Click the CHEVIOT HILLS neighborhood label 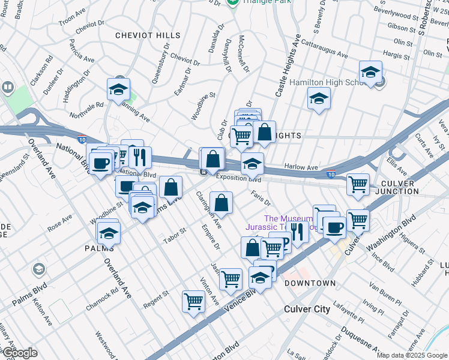(x=148, y=35)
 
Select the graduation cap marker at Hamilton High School (x=371, y=73)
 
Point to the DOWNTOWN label (x=310, y=283)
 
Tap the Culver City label (x=307, y=309)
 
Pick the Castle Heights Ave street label (x=287, y=66)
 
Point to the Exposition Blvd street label (x=239, y=178)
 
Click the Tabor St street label (x=175, y=236)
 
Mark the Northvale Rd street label (x=87, y=109)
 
